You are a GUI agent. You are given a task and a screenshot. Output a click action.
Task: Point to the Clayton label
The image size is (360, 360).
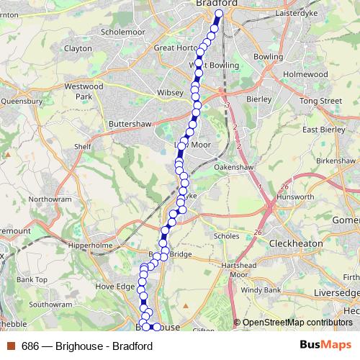(78, 48)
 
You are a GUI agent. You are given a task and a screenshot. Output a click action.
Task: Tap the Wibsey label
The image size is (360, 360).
(171, 94)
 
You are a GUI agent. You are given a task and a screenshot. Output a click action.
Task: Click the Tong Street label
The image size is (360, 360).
(322, 102)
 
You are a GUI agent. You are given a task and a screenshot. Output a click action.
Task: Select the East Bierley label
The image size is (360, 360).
(321, 130)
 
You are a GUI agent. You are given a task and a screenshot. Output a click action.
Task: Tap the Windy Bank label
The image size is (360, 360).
(261, 290)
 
